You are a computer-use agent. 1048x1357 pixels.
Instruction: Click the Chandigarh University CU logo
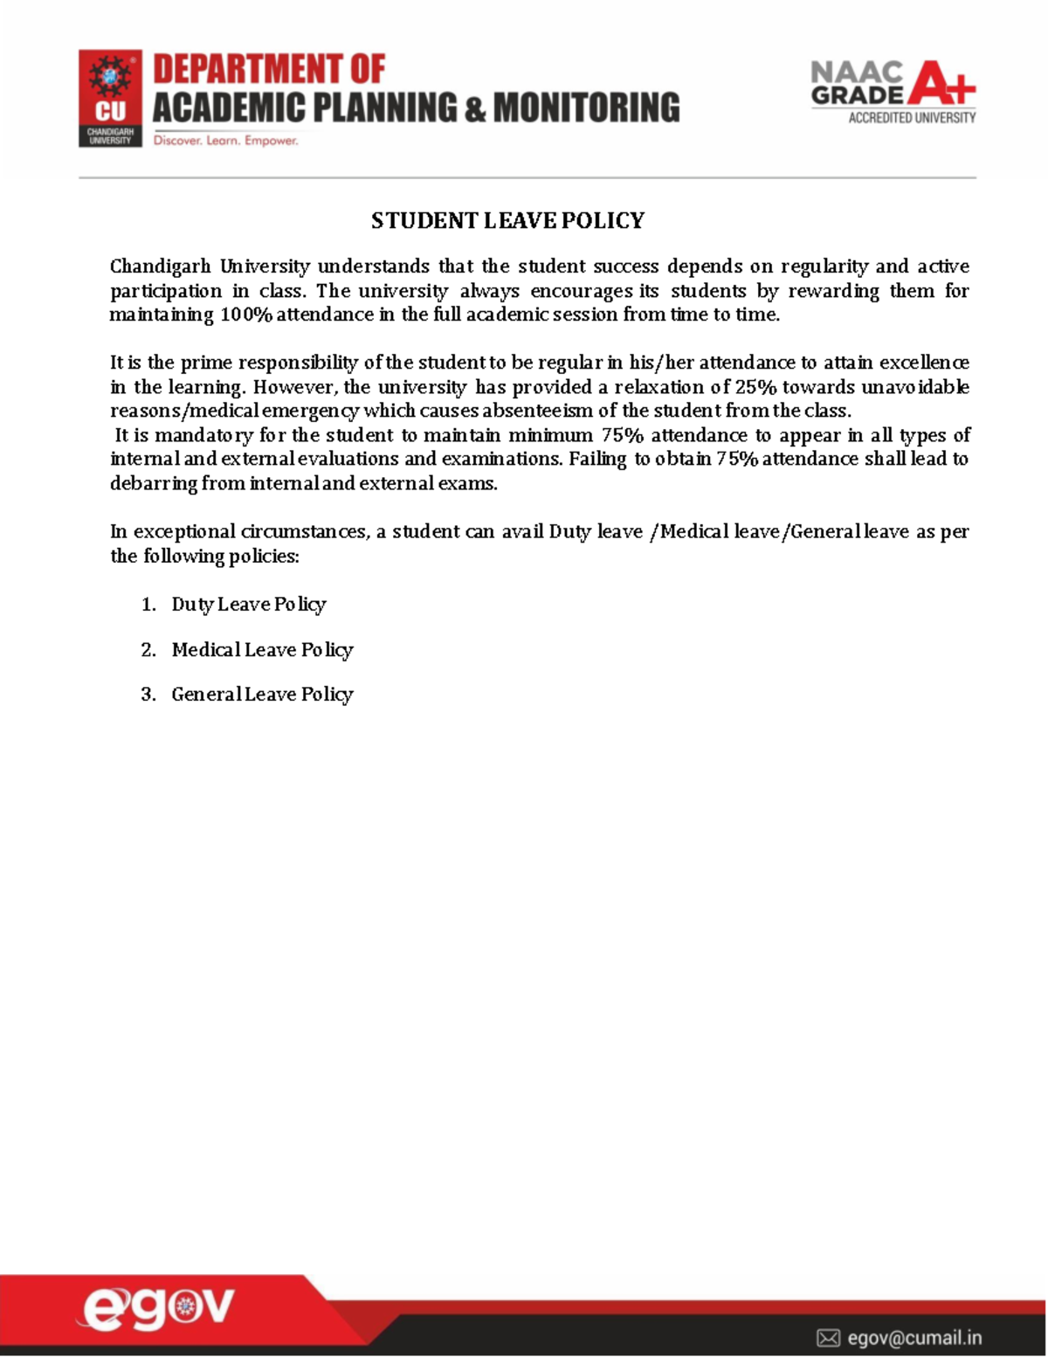(x=110, y=98)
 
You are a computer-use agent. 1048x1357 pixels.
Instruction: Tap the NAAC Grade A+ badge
(x=893, y=92)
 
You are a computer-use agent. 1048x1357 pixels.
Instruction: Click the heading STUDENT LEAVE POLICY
(x=507, y=220)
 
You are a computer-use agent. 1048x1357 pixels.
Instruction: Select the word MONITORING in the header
(x=586, y=107)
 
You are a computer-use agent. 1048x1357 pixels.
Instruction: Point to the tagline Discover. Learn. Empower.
(x=226, y=141)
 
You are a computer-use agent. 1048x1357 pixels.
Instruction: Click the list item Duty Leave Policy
(x=248, y=605)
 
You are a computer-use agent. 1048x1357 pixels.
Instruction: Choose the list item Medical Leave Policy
(x=262, y=650)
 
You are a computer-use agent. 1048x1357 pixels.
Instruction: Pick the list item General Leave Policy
(x=262, y=695)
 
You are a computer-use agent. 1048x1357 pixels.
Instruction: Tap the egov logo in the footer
(x=157, y=1308)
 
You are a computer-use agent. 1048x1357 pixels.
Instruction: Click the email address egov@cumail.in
(x=914, y=1338)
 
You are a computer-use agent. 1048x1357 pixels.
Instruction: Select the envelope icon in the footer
(x=828, y=1338)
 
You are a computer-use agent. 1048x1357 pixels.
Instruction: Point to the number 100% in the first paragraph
(x=246, y=315)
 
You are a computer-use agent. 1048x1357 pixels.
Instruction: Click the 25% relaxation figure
(x=755, y=387)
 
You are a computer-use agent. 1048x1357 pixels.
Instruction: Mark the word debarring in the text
(x=154, y=483)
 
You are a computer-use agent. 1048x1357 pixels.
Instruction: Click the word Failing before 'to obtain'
(x=597, y=460)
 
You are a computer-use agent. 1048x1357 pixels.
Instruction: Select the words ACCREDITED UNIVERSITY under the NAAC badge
(x=912, y=118)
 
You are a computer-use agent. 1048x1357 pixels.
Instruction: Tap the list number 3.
(x=148, y=695)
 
